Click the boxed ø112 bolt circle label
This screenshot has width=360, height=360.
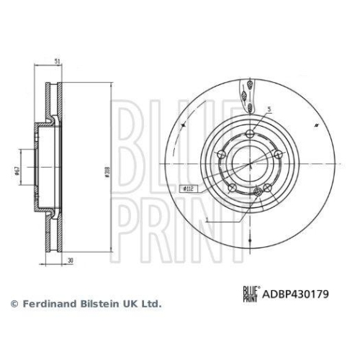coord(187,188)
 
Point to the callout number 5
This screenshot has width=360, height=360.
coord(269,109)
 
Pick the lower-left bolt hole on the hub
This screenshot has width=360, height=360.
coord(232,188)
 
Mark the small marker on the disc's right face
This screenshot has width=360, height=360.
coord(317,126)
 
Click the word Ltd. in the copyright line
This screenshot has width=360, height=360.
coord(150,304)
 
